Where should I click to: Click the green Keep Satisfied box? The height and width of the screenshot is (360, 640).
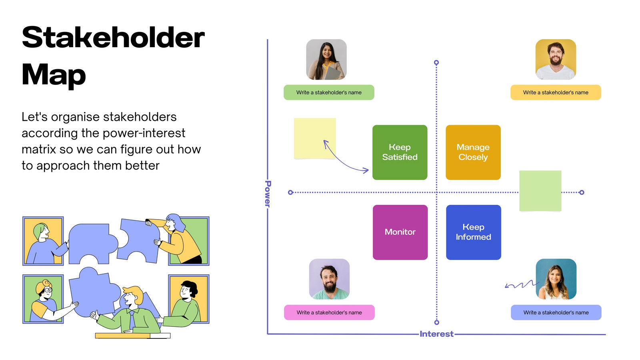click(x=400, y=152)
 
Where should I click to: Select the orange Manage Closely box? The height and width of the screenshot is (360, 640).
click(x=473, y=152)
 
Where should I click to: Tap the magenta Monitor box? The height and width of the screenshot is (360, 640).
click(x=400, y=232)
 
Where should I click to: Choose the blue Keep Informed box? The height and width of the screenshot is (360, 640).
click(x=474, y=232)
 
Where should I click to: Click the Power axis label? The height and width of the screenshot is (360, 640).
click(x=268, y=194)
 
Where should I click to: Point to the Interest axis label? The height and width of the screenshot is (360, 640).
click(x=436, y=334)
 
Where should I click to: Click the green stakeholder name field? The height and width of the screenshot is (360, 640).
click(x=329, y=92)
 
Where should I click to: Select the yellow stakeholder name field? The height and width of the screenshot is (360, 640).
click(x=556, y=92)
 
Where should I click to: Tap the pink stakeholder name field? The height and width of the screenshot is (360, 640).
click(x=329, y=312)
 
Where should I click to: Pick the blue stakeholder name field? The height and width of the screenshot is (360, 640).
click(x=556, y=312)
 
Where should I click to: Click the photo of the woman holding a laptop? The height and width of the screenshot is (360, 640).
click(x=326, y=60)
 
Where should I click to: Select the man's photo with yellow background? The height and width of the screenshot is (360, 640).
click(x=556, y=60)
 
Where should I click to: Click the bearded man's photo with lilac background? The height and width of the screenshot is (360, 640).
click(x=329, y=279)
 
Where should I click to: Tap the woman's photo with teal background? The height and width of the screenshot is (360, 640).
click(x=556, y=279)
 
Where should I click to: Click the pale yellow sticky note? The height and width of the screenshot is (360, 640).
click(x=315, y=138)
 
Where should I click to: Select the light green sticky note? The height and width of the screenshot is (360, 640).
click(x=540, y=191)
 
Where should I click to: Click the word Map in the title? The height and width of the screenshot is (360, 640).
click(x=54, y=75)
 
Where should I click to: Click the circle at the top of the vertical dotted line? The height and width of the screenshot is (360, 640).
click(x=436, y=62)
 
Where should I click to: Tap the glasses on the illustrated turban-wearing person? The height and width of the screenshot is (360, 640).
click(x=48, y=290)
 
